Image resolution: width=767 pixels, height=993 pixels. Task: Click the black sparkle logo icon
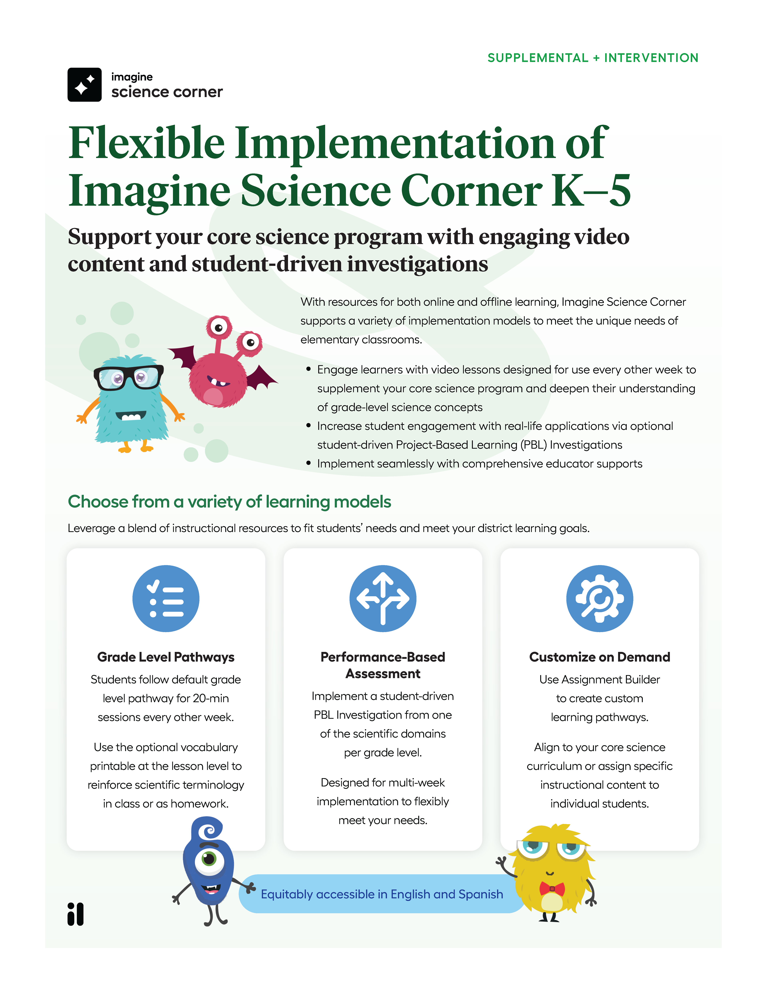84,85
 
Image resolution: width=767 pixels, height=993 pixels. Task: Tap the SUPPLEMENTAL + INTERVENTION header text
592,58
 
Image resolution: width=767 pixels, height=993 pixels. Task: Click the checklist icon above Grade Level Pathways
166,598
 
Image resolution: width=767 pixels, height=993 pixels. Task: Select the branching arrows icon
383,598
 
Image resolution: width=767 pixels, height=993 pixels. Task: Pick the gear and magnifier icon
599,598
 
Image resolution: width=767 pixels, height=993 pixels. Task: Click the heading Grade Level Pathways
166,657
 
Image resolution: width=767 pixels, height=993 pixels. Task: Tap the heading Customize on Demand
599,657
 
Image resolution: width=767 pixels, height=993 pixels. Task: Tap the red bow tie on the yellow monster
552,888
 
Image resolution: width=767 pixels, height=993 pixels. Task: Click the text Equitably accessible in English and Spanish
382,894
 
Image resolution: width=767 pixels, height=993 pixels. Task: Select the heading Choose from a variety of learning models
230,502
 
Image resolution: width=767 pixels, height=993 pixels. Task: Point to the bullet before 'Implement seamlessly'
309,463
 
